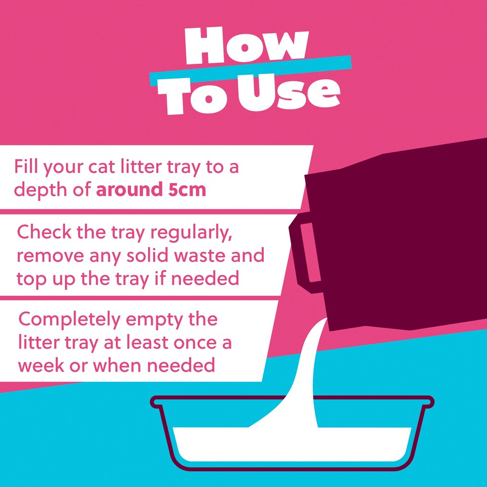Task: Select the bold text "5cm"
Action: click(187, 189)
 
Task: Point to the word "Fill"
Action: click(26, 166)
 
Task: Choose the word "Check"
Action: click(44, 231)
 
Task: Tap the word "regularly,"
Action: click(191, 233)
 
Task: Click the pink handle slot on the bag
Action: click(309, 253)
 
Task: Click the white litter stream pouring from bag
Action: click(306, 373)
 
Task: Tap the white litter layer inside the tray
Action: click(292, 444)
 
